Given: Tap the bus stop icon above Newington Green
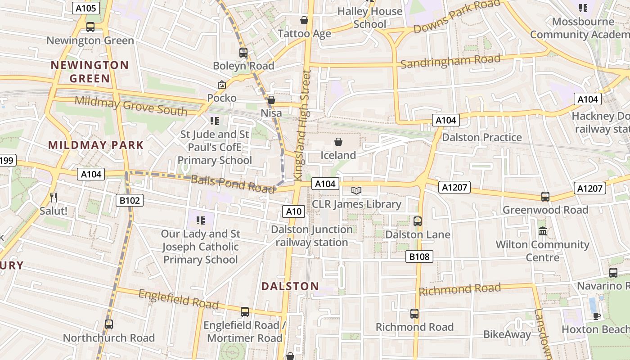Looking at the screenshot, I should pyautogui.click(x=90, y=27).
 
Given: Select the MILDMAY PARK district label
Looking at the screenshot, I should pyautogui.click(x=96, y=145).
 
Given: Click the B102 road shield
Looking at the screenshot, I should pyautogui.click(x=130, y=200).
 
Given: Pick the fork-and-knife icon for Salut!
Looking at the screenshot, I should pyautogui.click(x=53, y=197).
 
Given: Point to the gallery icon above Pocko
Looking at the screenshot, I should pyautogui.click(x=221, y=85).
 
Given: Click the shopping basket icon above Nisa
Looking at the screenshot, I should pyautogui.click(x=271, y=100).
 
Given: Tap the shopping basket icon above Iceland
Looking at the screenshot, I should pyautogui.click(x=338, y=142).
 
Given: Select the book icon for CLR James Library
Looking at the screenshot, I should pyautogui.click(x=356, y=191).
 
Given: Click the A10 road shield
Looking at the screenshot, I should pyautogui.click(x=294, y=211).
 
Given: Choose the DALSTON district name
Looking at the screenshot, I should pyautogui.click(x=290, y=286).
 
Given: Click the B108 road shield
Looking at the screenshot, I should pyautogui.click(x=419, y=256).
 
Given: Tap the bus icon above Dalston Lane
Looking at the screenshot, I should pyautogui.click(x=417, y=221).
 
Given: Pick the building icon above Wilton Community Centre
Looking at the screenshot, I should pyautogui.click(x=542, y=231).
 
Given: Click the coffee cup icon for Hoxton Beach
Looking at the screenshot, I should pyautogui.click(x=596, y=316).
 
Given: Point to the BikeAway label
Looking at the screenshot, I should pyautogui.click(x=507, y=334).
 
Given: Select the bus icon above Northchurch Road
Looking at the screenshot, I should pyautogui.click(x=108, y=324).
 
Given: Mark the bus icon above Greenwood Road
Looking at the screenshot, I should pyautogui.click(x=545, y=197).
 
